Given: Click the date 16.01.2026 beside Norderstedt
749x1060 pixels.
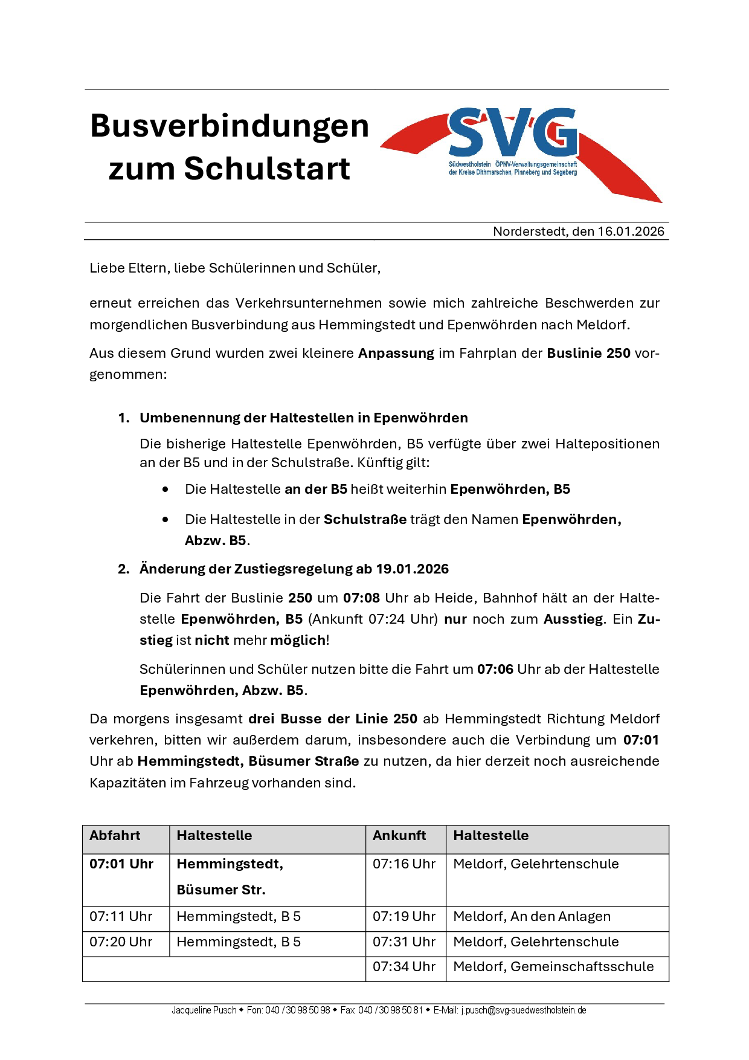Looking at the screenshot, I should (631, 231).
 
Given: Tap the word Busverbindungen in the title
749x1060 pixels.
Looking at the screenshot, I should (230, 126).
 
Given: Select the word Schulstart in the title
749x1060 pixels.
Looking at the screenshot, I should (267, 169).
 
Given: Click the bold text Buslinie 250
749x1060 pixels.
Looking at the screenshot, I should (588, 353).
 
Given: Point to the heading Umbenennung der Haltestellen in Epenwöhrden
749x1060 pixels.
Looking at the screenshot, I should (304, 418).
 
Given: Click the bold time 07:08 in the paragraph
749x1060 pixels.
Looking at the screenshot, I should (361, 598).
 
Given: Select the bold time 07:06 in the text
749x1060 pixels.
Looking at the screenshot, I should (495, 669).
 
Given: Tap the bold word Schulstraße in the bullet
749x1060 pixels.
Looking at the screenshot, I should (365, 519).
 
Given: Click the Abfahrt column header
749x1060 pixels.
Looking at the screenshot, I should (115, 836).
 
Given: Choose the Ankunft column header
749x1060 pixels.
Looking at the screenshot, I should (399, 836).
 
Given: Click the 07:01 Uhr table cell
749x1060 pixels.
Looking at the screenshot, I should (121, 864).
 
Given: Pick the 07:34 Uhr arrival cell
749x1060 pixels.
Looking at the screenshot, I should (404, 967).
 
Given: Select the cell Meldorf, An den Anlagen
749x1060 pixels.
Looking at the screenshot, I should (532, 917).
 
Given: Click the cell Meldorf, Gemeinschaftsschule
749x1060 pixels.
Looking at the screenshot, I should (553, 967).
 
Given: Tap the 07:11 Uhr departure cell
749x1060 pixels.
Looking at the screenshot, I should (121, 917).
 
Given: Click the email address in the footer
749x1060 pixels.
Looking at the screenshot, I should (523, 1010).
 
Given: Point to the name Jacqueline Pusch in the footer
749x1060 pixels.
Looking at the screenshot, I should (204, 1010).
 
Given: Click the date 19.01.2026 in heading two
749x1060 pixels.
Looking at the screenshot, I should (413, 569).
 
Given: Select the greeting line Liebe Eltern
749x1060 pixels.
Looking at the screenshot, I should (235, 268).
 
